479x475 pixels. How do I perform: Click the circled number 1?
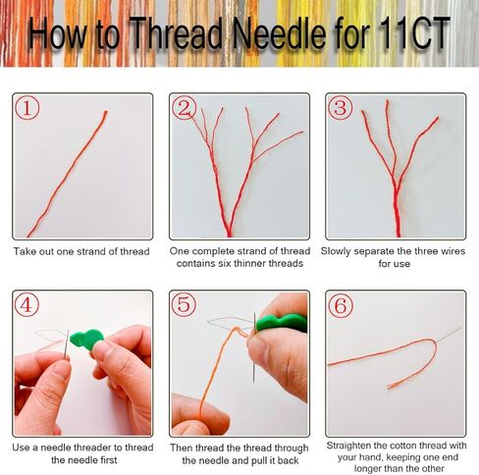(27, 108)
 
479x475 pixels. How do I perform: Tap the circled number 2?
(185, 108)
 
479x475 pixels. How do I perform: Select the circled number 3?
(341, 108)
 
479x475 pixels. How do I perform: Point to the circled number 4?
(27, 304)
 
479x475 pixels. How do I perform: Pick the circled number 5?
(184, 304)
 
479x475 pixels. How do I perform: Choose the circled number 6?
(341, 305)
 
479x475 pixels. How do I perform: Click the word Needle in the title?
(279, 33)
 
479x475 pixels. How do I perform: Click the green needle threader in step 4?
(86, 340)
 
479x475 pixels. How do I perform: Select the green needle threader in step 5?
(282, 322)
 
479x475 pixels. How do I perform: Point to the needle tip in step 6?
(460, 327)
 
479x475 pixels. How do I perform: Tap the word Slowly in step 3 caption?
(336, 251)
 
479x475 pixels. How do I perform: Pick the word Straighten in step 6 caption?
(348, 446)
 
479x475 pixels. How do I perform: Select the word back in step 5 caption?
(289, 460)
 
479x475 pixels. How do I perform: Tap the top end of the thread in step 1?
(106, 112)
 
